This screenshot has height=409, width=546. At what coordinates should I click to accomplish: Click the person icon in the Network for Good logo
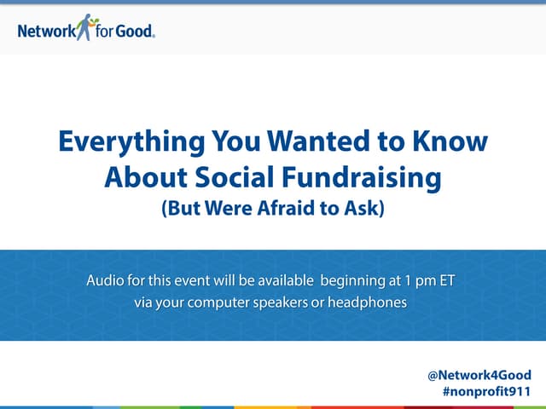(85, 26)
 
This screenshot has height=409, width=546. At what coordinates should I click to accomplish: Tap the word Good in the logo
(136, 32)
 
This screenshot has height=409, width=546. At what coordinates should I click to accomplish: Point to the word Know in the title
(451, 142)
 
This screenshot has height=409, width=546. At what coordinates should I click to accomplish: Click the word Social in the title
(241, 178)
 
